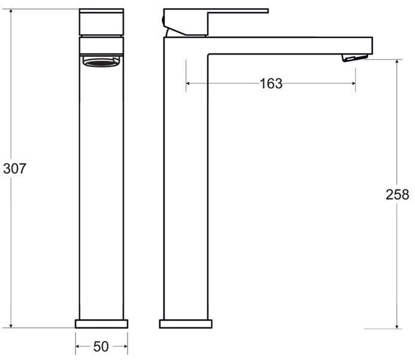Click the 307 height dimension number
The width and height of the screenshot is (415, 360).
[14, 169]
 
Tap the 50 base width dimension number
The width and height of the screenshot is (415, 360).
[101, 347]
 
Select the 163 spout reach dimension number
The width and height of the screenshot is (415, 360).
[271, 83]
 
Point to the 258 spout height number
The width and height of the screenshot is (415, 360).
[397, 194]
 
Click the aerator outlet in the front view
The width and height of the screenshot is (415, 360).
[101, 62]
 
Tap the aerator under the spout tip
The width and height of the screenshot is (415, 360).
[355, 58]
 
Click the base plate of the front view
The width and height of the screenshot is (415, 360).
[101, 324]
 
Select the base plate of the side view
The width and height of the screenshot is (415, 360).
[186, 324]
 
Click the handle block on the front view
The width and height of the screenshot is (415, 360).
[101, 22]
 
